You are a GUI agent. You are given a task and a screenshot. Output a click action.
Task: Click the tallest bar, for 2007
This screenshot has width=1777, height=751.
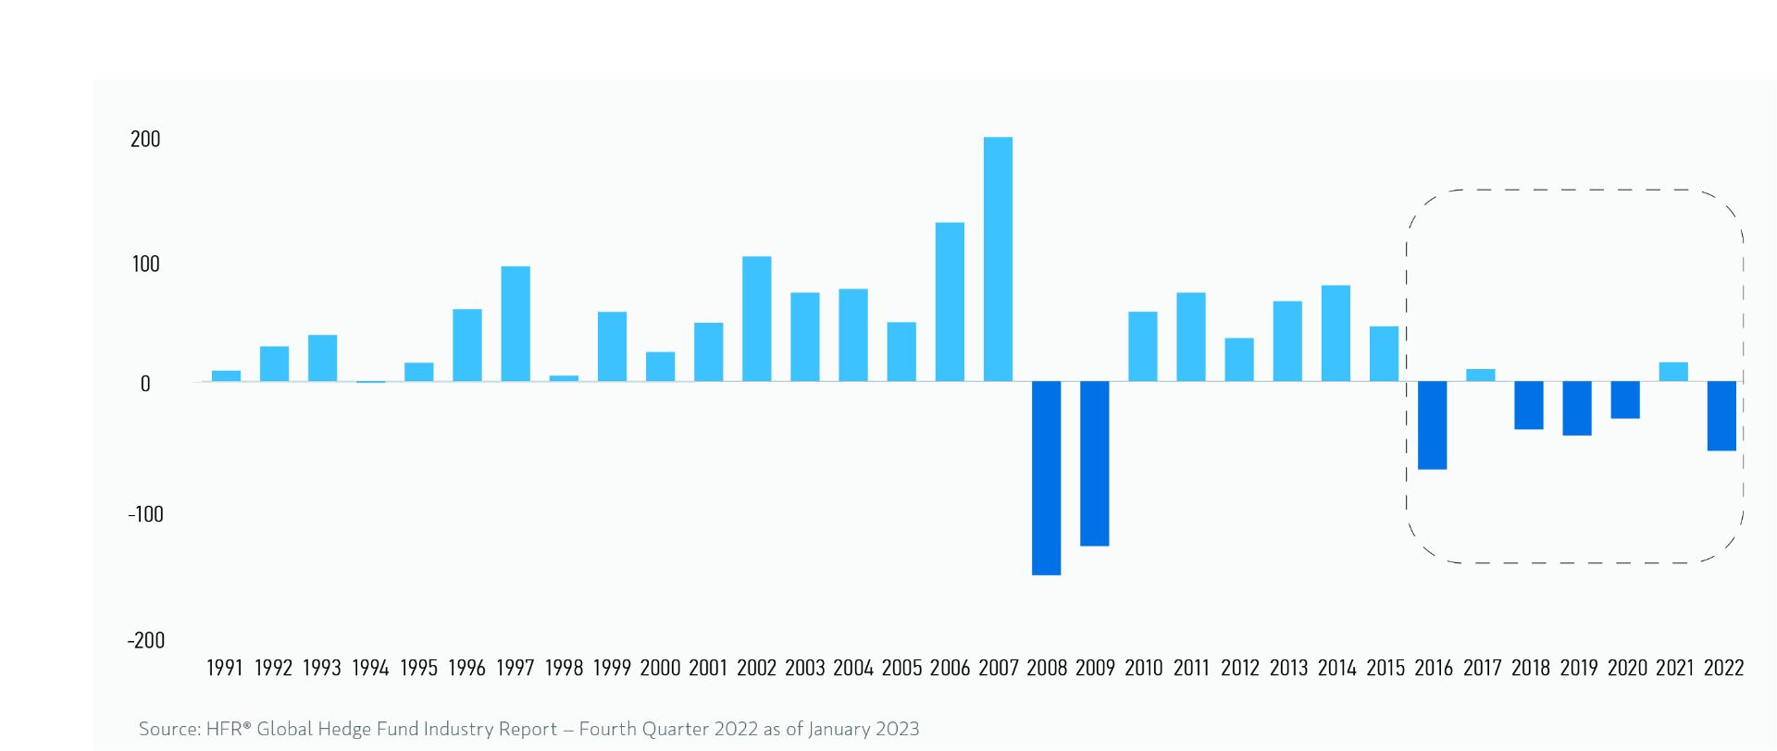point(998,259)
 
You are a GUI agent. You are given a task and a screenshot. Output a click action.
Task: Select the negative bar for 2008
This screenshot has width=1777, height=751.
point(1046,478)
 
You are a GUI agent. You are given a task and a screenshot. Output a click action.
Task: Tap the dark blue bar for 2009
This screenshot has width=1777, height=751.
point(1094,463)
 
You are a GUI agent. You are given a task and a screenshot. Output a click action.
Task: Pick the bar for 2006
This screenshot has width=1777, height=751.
point(950,302)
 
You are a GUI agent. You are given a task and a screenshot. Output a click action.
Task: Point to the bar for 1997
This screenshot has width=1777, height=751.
point(516,324)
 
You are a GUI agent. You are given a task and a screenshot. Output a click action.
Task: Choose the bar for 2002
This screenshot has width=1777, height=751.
point(756,318)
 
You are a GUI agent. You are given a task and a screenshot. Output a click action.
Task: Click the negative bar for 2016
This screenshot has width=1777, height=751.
point(1432,425)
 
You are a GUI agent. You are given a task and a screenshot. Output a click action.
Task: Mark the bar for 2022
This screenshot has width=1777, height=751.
point(1721,416)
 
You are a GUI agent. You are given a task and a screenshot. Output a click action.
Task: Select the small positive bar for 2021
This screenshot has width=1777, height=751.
point(1673,372)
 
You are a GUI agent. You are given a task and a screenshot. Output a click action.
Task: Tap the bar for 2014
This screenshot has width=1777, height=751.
point(1336,333)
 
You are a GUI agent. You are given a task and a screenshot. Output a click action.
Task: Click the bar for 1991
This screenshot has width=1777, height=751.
point(226,375)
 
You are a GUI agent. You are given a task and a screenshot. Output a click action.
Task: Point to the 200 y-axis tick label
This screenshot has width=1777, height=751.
point(145,140)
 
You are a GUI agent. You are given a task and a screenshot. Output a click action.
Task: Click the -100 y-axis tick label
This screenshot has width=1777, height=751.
point(144,514)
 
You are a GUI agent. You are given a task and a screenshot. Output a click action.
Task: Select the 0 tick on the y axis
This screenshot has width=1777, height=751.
point(145,384)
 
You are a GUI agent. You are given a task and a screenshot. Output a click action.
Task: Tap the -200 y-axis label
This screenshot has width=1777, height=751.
point(145,640)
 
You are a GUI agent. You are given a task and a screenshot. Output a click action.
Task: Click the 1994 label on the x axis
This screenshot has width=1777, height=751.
point(370,668)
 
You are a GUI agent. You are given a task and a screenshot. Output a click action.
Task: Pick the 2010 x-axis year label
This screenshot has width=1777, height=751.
point(1143,668)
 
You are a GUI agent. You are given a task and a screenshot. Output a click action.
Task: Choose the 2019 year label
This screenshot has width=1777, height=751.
point(1578,668)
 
